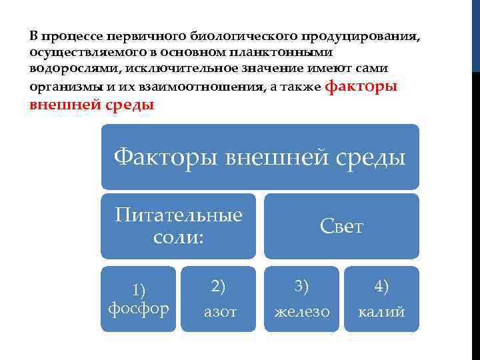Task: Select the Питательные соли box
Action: click(178, 226)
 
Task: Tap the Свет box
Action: click(341, 226)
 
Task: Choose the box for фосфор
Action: click(139, 299)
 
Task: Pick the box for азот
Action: click(218, 299)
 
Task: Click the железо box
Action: click(302, 299)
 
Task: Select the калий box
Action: click(381, 299)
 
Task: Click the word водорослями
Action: click(64, 69)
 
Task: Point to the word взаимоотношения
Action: click(182, 87)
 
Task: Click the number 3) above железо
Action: click(302, 286)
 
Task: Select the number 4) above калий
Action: click(381, 286)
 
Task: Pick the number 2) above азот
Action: click(218, 286)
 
